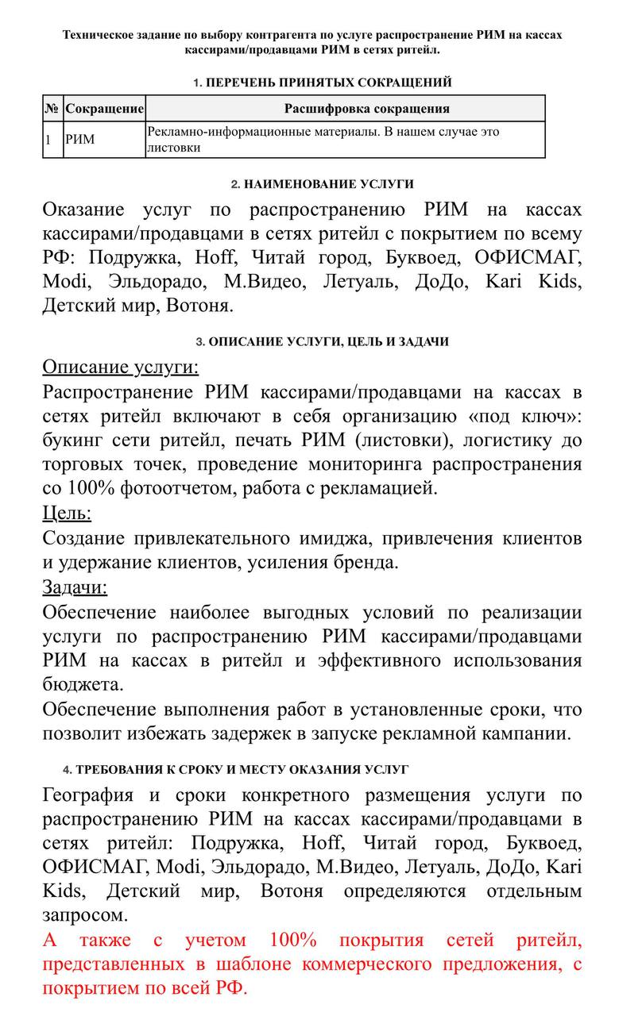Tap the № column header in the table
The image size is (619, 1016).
tap(52, 109)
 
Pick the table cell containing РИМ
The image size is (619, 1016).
tap(79, 140)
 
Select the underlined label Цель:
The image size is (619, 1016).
tap(67, 513)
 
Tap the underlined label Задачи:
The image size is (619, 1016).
tap(75, 587)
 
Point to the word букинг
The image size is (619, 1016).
tap(76, 440)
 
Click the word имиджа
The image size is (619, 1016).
tap(332, 538)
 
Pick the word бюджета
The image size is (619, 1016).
tap(82, 683)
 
